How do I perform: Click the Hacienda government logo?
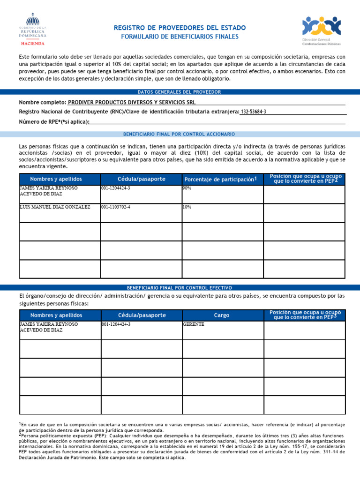pyautogui.click(x=32, y=29)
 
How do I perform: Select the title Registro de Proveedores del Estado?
pyautogui.click(x=180, y=28)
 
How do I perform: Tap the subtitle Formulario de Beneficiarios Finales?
pyautogui.click(x=180, y=37)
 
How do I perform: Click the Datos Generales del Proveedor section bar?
pyautogui.click(x=180, y=92)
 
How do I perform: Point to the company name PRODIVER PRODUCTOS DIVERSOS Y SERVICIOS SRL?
pyautogui.click(x=132, y=102)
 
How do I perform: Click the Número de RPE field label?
pyautogui.click(x=53, y=122)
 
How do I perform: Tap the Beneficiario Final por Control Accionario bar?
pyautogui.click(x=180, y=134)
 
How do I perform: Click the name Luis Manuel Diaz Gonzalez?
pyautogui.click(x=55, y=207)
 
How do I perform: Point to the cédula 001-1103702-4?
pyautogui.click(x=116, y=207)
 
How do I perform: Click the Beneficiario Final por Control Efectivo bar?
pyautogui.click(x=180, y=287)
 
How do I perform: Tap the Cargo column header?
pyautogui.click(x=222, y=315)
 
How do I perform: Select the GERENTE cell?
pyautogui.click(x=194, y=324)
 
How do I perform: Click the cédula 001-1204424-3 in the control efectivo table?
pyautogui.click(x=116, y=324)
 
